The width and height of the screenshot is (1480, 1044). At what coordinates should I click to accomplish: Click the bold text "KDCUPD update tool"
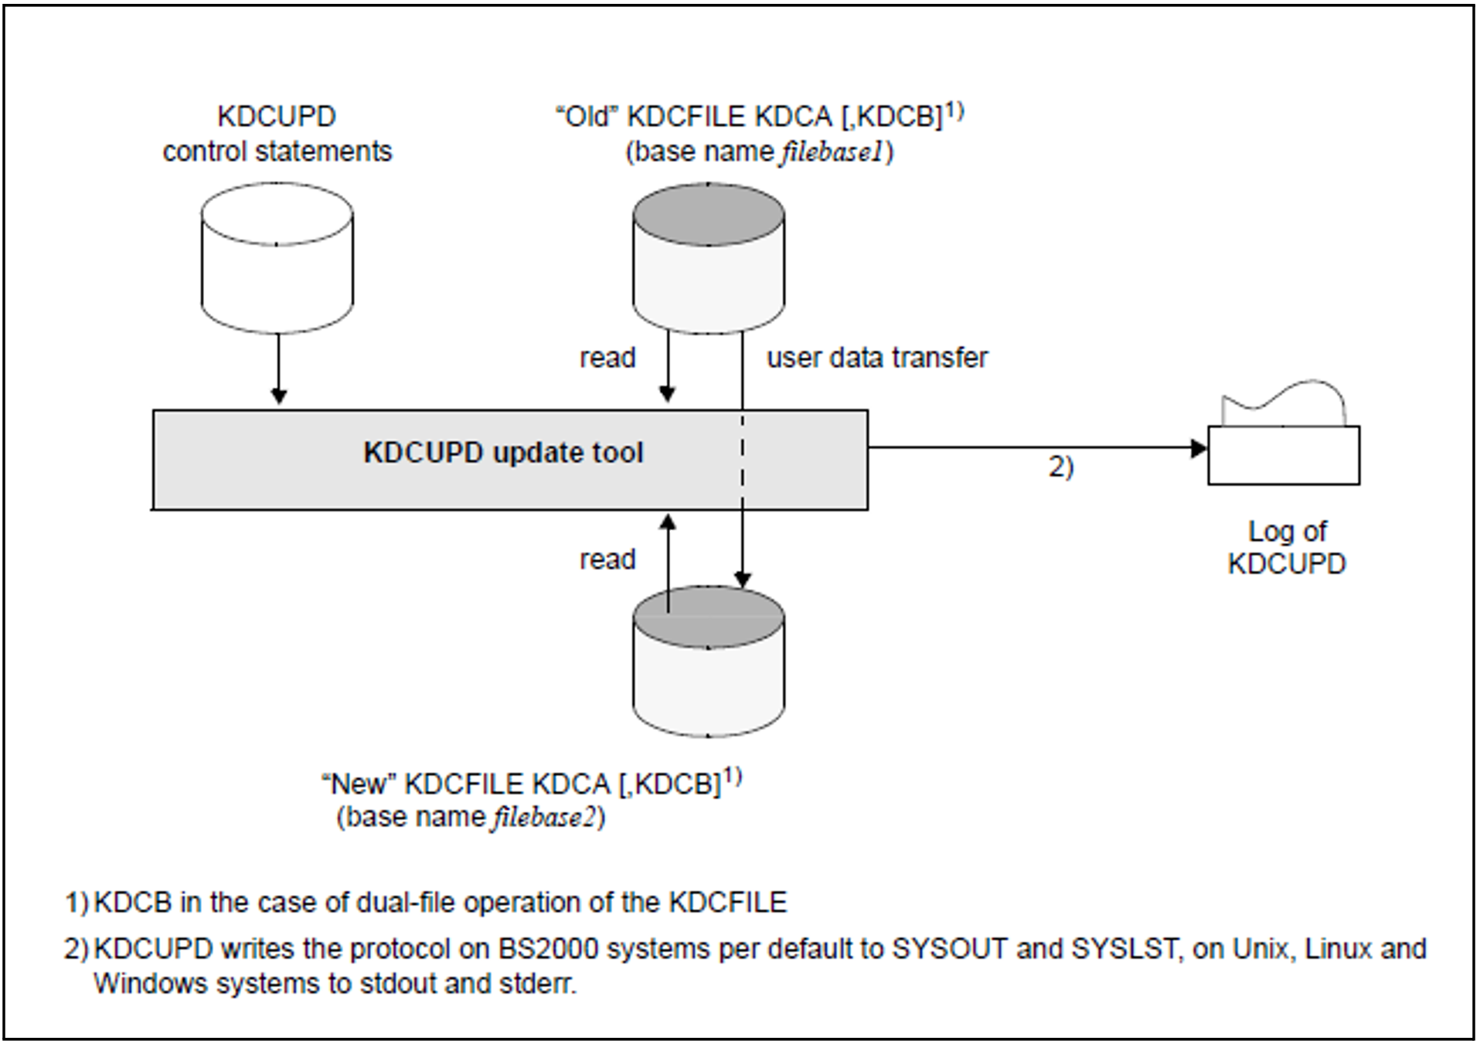pyautogui.click(x=503, y=453)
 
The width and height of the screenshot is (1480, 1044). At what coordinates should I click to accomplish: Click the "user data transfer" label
pyautogui.click(x=877, y=358)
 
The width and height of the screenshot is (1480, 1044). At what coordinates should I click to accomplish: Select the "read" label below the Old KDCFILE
pyautogui.click(x=607, y=358)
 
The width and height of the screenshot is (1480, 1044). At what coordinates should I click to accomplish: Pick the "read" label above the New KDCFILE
pyautogui.click(x=607, y=559)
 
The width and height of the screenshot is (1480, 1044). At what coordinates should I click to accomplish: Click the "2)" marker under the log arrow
pyautogui.click(x=1061, y=468)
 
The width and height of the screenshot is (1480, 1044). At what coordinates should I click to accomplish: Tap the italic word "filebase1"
pyautogui.click(x=831, y=152)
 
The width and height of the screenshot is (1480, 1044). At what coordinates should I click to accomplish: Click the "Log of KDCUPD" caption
pyautogui.click(x=1287, y=547)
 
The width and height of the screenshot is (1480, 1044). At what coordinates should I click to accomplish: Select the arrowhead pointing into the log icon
pyautogui.click(x=1199, y=448)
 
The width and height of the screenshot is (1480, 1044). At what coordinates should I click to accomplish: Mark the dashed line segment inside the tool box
pyautogui.click(x=743, y=460)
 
